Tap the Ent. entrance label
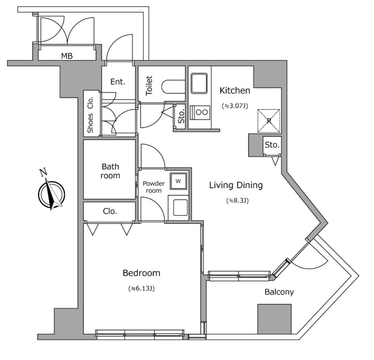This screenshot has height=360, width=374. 117,82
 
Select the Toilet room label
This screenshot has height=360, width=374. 149,86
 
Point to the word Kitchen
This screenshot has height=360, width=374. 234,91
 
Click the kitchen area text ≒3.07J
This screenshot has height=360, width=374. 234,106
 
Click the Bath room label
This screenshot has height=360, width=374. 110,171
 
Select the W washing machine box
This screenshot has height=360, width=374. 178,181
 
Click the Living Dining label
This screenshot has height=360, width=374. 236,185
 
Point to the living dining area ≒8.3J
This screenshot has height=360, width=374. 237,201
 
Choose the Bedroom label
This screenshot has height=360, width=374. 141,273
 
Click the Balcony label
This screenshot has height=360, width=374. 279,292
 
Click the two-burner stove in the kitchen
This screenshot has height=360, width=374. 202,112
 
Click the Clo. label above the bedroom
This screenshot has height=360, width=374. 110,211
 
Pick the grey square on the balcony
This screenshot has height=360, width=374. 274,320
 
